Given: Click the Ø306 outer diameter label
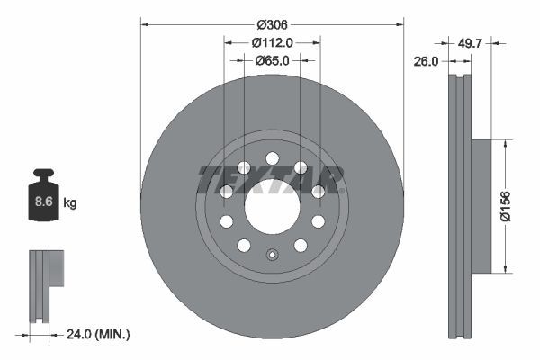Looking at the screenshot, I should coord(272,24).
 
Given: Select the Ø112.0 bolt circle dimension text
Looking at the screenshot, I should coord(272,42).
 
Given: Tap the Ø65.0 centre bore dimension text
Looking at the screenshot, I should coord(272,60).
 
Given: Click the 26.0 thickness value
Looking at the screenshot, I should coord(427,61).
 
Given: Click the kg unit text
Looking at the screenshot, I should coord(70,203).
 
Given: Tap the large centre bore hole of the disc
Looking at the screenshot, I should coord(272,204).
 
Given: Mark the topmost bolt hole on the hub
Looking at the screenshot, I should coord(272,158).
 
